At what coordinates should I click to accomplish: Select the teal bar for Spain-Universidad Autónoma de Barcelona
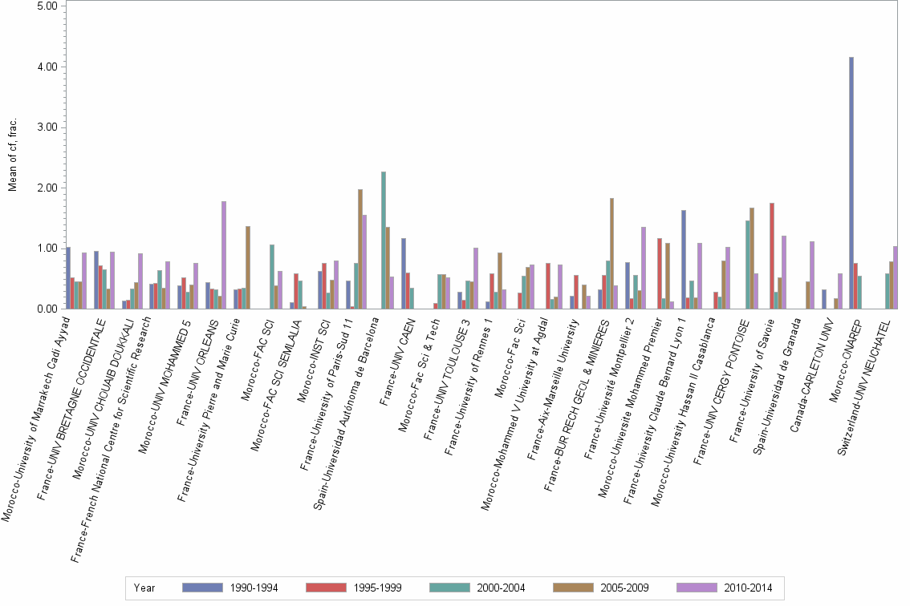coord(384,240)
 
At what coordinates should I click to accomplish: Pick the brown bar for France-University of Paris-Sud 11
coord(360,249)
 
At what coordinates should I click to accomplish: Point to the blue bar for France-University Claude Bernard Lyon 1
coord(683,260)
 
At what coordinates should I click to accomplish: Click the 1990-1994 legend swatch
coord(202,588)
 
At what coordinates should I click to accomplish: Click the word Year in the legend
coord(144,588)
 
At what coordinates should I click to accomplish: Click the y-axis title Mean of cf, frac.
coord(12,156)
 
